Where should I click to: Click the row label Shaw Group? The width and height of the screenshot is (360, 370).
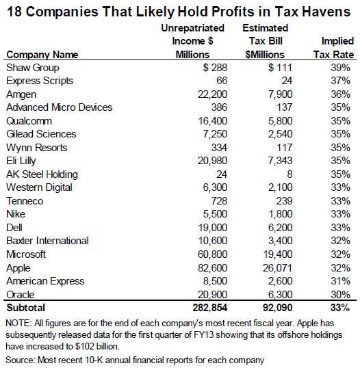point(33,68)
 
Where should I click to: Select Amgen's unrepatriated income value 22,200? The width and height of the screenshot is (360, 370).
point(212,94)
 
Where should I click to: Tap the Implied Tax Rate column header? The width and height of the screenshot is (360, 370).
point(333,48)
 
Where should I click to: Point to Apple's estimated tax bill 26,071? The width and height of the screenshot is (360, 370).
point(277,268)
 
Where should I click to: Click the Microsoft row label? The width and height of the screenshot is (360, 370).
point(26,254)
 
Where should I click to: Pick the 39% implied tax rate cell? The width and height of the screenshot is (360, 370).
point(340,68)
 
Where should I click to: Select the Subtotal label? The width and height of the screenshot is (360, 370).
point(26,308)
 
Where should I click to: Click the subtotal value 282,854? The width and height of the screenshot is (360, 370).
point(210,308)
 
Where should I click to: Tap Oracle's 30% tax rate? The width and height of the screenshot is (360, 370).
point(340,295)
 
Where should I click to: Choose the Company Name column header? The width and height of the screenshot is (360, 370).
point(42,55)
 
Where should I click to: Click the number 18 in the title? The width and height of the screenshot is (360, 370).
point(14,12)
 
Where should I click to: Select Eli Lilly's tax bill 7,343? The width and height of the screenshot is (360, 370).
point(280,161)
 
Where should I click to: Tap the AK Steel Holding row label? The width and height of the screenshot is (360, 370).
point(42,174)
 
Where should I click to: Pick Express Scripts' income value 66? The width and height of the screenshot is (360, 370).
point(222,81)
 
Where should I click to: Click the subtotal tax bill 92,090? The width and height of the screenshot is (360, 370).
point(277,308)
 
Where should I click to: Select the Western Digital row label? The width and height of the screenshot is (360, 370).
point(39,187)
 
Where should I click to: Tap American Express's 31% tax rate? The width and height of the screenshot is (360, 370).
point(340,281)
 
